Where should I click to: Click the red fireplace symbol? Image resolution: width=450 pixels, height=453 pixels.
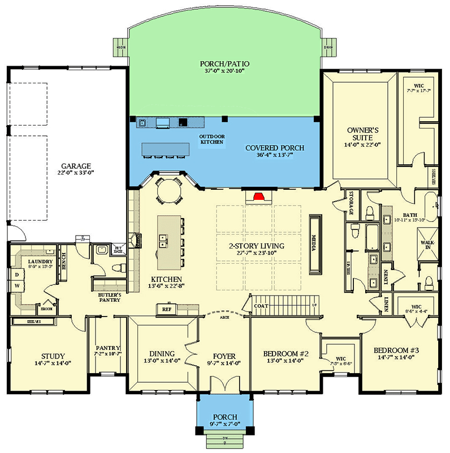[x=259, y=196]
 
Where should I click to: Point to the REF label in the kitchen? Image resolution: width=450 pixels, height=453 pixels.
[x=166, y=310]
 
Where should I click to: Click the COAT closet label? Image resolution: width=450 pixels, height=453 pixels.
[x=261, y=306]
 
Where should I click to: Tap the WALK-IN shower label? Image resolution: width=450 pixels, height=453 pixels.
[x=428, y=245]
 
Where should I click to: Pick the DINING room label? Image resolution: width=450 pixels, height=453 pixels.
[x=162, y=354]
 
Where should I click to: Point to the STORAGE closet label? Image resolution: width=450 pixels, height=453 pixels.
[x=351, y=203]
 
